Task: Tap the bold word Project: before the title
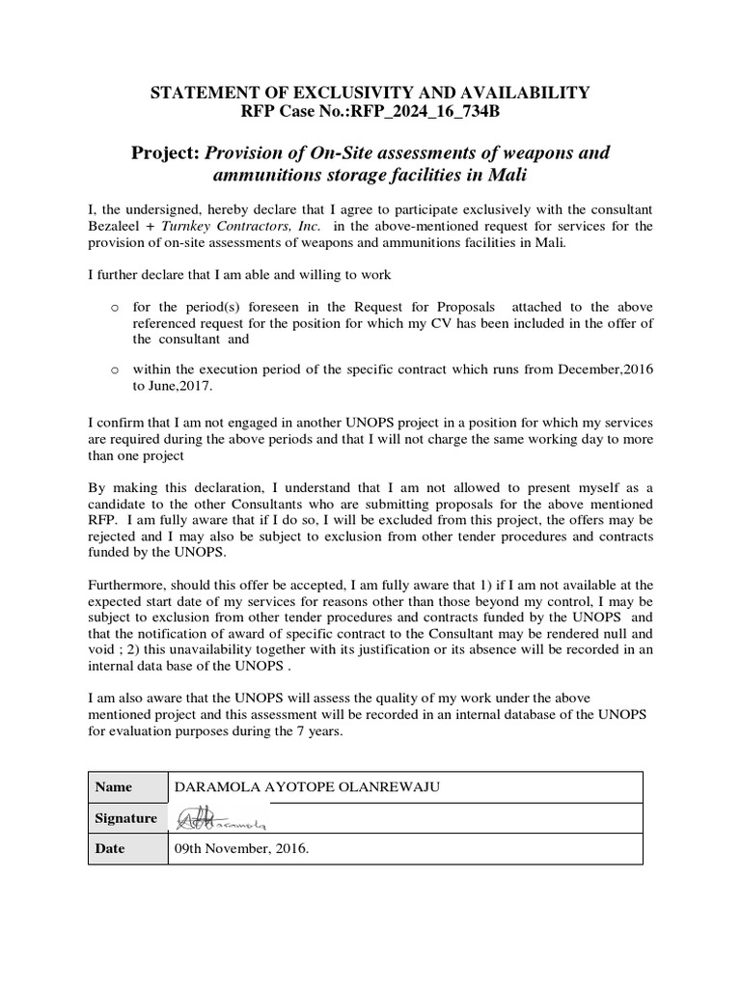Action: [170, 155]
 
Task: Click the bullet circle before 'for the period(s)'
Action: [115, 307]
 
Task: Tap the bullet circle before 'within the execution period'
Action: [115, 369]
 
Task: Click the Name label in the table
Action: [114, 787]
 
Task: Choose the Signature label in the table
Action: [125, 818]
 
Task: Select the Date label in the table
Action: [111, 849]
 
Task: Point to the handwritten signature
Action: [220, 820]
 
